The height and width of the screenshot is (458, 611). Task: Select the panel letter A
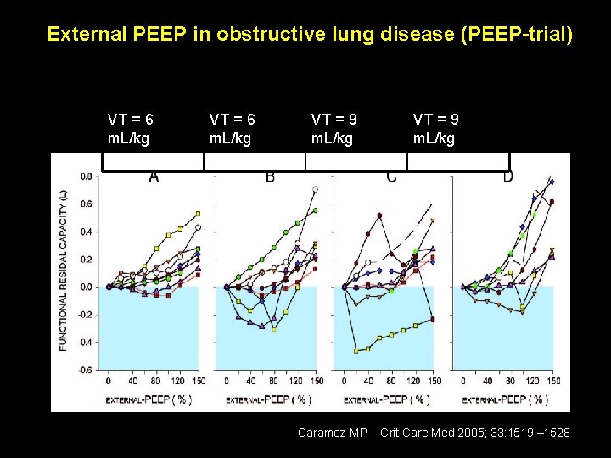tap(154, 176)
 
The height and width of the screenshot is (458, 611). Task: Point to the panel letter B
tap(270, 176)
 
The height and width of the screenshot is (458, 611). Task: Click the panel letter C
tap(391, 176)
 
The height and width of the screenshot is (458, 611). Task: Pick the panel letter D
tap(507, 176)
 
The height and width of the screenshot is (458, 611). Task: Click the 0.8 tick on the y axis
tap(87, 176)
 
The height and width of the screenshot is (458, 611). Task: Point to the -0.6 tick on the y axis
tap(86, 370)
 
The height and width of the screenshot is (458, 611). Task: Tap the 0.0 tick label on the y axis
tap(87, 288)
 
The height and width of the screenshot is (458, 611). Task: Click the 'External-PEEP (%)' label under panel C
tap(390, 399)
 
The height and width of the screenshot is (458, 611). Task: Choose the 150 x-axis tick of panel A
tap(197, 381)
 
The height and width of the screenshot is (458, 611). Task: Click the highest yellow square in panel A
tap(198, 214)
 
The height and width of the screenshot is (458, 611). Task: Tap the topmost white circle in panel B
tap(315, 190)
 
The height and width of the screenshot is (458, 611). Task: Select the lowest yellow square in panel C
tap(356, 350)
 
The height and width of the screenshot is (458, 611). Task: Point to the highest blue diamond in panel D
tap(552, 182)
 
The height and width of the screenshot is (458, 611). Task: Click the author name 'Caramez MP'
tap(332, 433)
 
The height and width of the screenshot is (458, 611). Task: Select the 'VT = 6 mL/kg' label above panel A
tap(130, 129)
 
